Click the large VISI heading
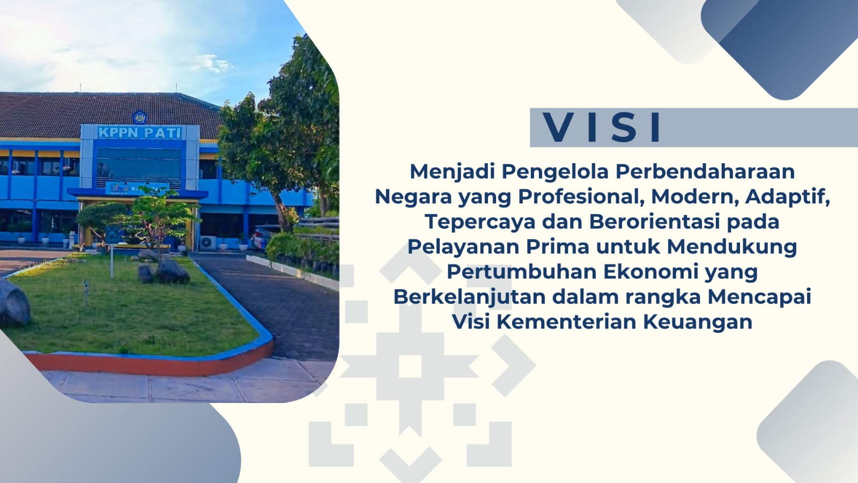602,127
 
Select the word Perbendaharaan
705,171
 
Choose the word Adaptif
788,196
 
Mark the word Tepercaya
480,222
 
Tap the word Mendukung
732,246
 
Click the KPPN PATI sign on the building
140,133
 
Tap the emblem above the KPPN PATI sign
139,118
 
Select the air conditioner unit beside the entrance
208,242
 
